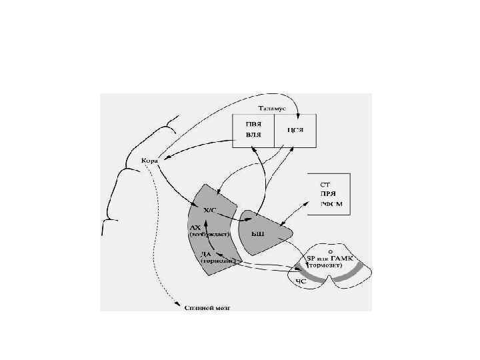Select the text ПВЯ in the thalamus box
click(x=253, y=124)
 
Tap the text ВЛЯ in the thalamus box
click(x=253, y=135)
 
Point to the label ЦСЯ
click(x=295, y=129)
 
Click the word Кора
click(x=149, y=161)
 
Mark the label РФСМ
click(x=331, y=204)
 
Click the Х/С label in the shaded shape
click(x=209, y=209)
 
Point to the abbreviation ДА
click(x=206, y=254)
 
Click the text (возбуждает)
click(x=209, y=235)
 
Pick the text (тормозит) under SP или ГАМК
click(x=322, y=265)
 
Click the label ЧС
click(x=301, y=281)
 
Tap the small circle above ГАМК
click(x=321, y=251)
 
